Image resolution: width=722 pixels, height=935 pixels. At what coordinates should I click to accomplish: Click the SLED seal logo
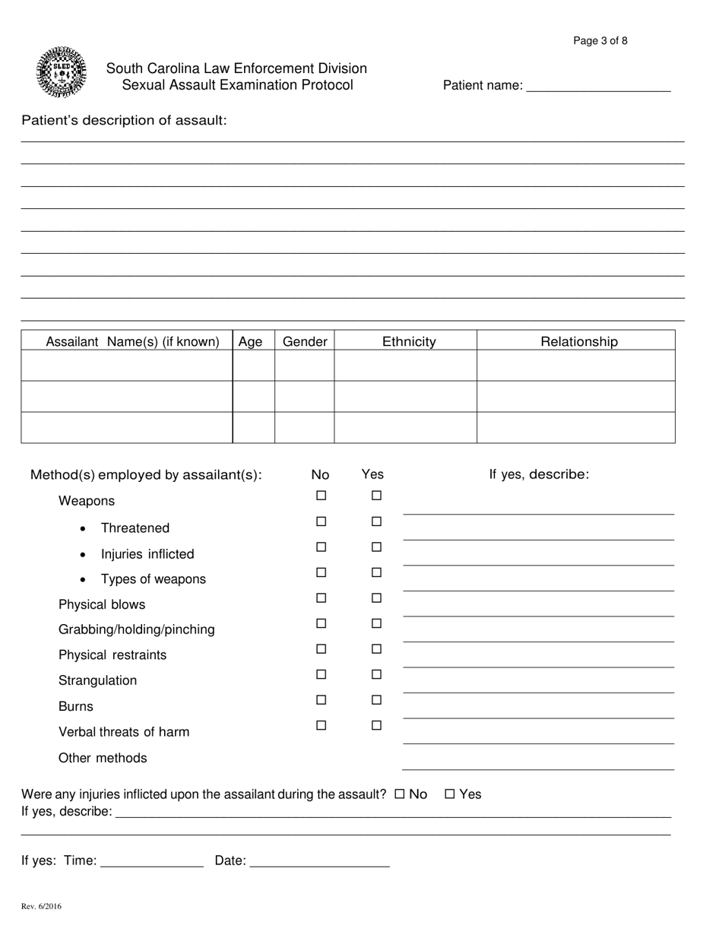point(61,72)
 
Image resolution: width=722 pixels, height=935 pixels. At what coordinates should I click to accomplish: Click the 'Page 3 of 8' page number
point(600,41)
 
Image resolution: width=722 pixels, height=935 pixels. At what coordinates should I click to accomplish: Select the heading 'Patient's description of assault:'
point(124,120)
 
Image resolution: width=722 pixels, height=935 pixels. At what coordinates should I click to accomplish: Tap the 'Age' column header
point(251,342)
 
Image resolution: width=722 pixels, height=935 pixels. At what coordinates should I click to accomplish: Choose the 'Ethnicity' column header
point(409,342)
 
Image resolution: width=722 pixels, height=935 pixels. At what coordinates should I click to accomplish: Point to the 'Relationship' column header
point(579,342)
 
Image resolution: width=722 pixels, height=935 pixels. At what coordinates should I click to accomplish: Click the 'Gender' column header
point(305,342)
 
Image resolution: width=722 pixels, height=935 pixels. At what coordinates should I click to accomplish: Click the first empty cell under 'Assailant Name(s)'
point(127,366)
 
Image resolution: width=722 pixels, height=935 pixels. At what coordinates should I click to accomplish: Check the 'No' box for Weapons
point(321,496)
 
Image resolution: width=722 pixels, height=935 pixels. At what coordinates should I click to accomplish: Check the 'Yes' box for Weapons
point(376,496)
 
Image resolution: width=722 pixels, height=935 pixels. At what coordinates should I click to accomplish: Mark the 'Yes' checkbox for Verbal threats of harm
point(376,725)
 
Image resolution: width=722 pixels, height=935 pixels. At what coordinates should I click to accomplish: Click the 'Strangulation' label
point(98,680)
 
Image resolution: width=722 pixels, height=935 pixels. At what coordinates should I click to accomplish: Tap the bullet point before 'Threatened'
point(83,528)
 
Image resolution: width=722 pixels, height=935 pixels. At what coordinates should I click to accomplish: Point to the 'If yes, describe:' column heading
point(539,474)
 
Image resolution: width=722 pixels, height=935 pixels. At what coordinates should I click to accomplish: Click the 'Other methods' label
point(103,758)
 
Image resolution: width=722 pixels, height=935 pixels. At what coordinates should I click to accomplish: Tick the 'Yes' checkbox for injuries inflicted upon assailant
point(449,794)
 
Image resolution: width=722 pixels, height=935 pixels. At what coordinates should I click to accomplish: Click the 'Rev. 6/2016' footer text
point(42,906)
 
